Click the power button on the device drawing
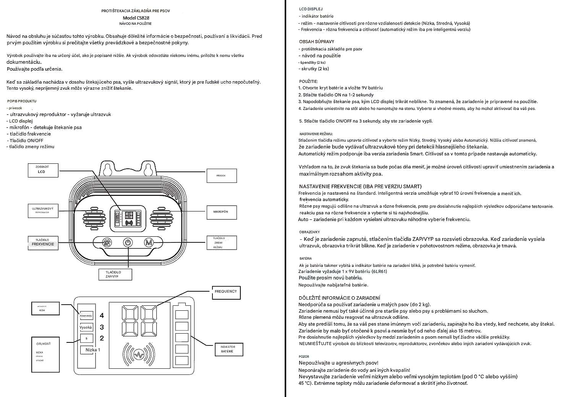(128, 243)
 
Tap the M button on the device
(148, 243)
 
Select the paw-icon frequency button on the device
(107, 243)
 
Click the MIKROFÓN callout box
(222, 212)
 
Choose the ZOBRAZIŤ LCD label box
(43, 170)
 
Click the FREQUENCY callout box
(226, 292)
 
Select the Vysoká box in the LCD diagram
(86, 328)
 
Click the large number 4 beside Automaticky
(102, 316)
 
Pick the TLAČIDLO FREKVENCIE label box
(43, 242)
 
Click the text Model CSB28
(136, 18)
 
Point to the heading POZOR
(304, 357)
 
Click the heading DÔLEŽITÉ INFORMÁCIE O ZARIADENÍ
(339, 298)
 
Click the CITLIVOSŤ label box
(45, 354)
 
